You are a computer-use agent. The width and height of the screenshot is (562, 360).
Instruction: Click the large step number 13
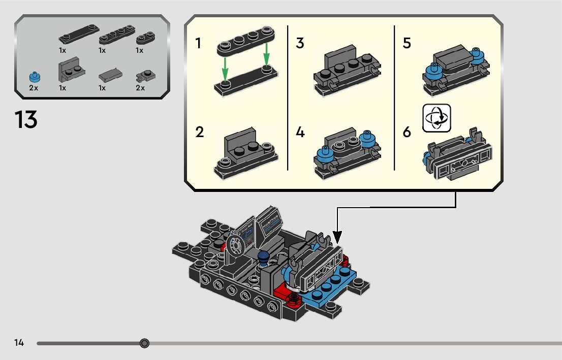26,120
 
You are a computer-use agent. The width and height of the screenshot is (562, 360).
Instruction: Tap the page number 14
19,343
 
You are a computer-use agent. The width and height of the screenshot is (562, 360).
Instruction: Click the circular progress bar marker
144,344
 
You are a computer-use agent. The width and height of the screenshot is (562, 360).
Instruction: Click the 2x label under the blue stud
34,88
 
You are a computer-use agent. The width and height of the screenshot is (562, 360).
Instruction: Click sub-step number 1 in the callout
198,44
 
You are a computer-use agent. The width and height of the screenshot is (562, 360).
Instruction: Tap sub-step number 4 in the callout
300,133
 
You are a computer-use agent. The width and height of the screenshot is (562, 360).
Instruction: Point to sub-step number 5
407,44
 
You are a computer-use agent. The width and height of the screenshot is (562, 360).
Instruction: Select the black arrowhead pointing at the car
337,237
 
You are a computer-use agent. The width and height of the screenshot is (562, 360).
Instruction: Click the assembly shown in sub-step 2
246,152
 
